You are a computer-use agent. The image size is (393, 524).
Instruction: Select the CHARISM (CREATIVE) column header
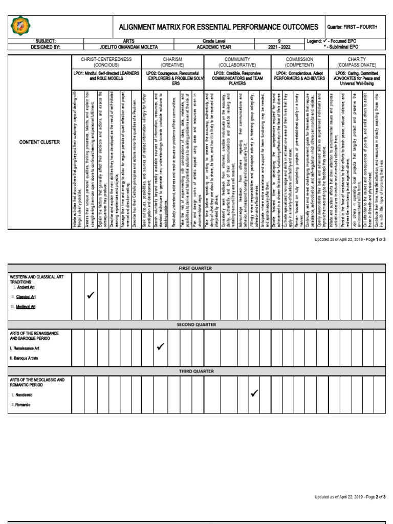pos(172,62)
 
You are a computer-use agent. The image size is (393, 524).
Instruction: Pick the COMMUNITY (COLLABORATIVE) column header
pos(237,62)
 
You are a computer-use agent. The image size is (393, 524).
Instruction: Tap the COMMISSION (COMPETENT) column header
pos(299,62)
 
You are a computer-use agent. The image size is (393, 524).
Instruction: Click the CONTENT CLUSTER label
pos(39,142)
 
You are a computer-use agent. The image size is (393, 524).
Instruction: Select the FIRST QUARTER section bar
pos(197,268)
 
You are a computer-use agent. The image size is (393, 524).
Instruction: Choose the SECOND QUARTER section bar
pos(197,324)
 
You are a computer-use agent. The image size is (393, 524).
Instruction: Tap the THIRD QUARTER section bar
pos(197,371)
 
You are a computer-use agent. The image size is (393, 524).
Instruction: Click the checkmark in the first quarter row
pos(91,296)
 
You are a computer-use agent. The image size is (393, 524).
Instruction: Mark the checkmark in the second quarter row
pos(160,347)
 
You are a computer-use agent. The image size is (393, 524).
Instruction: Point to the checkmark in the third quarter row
pos(254,393)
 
